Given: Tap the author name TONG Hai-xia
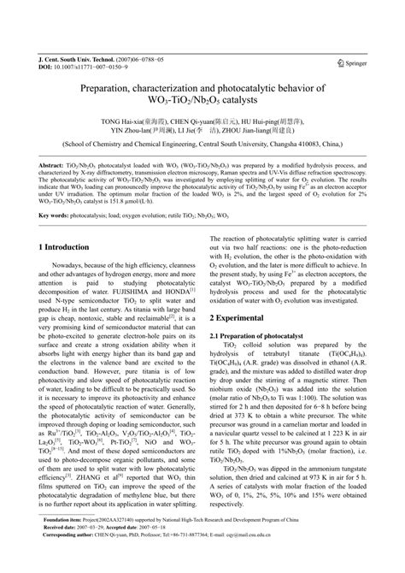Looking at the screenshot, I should (121, 122).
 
